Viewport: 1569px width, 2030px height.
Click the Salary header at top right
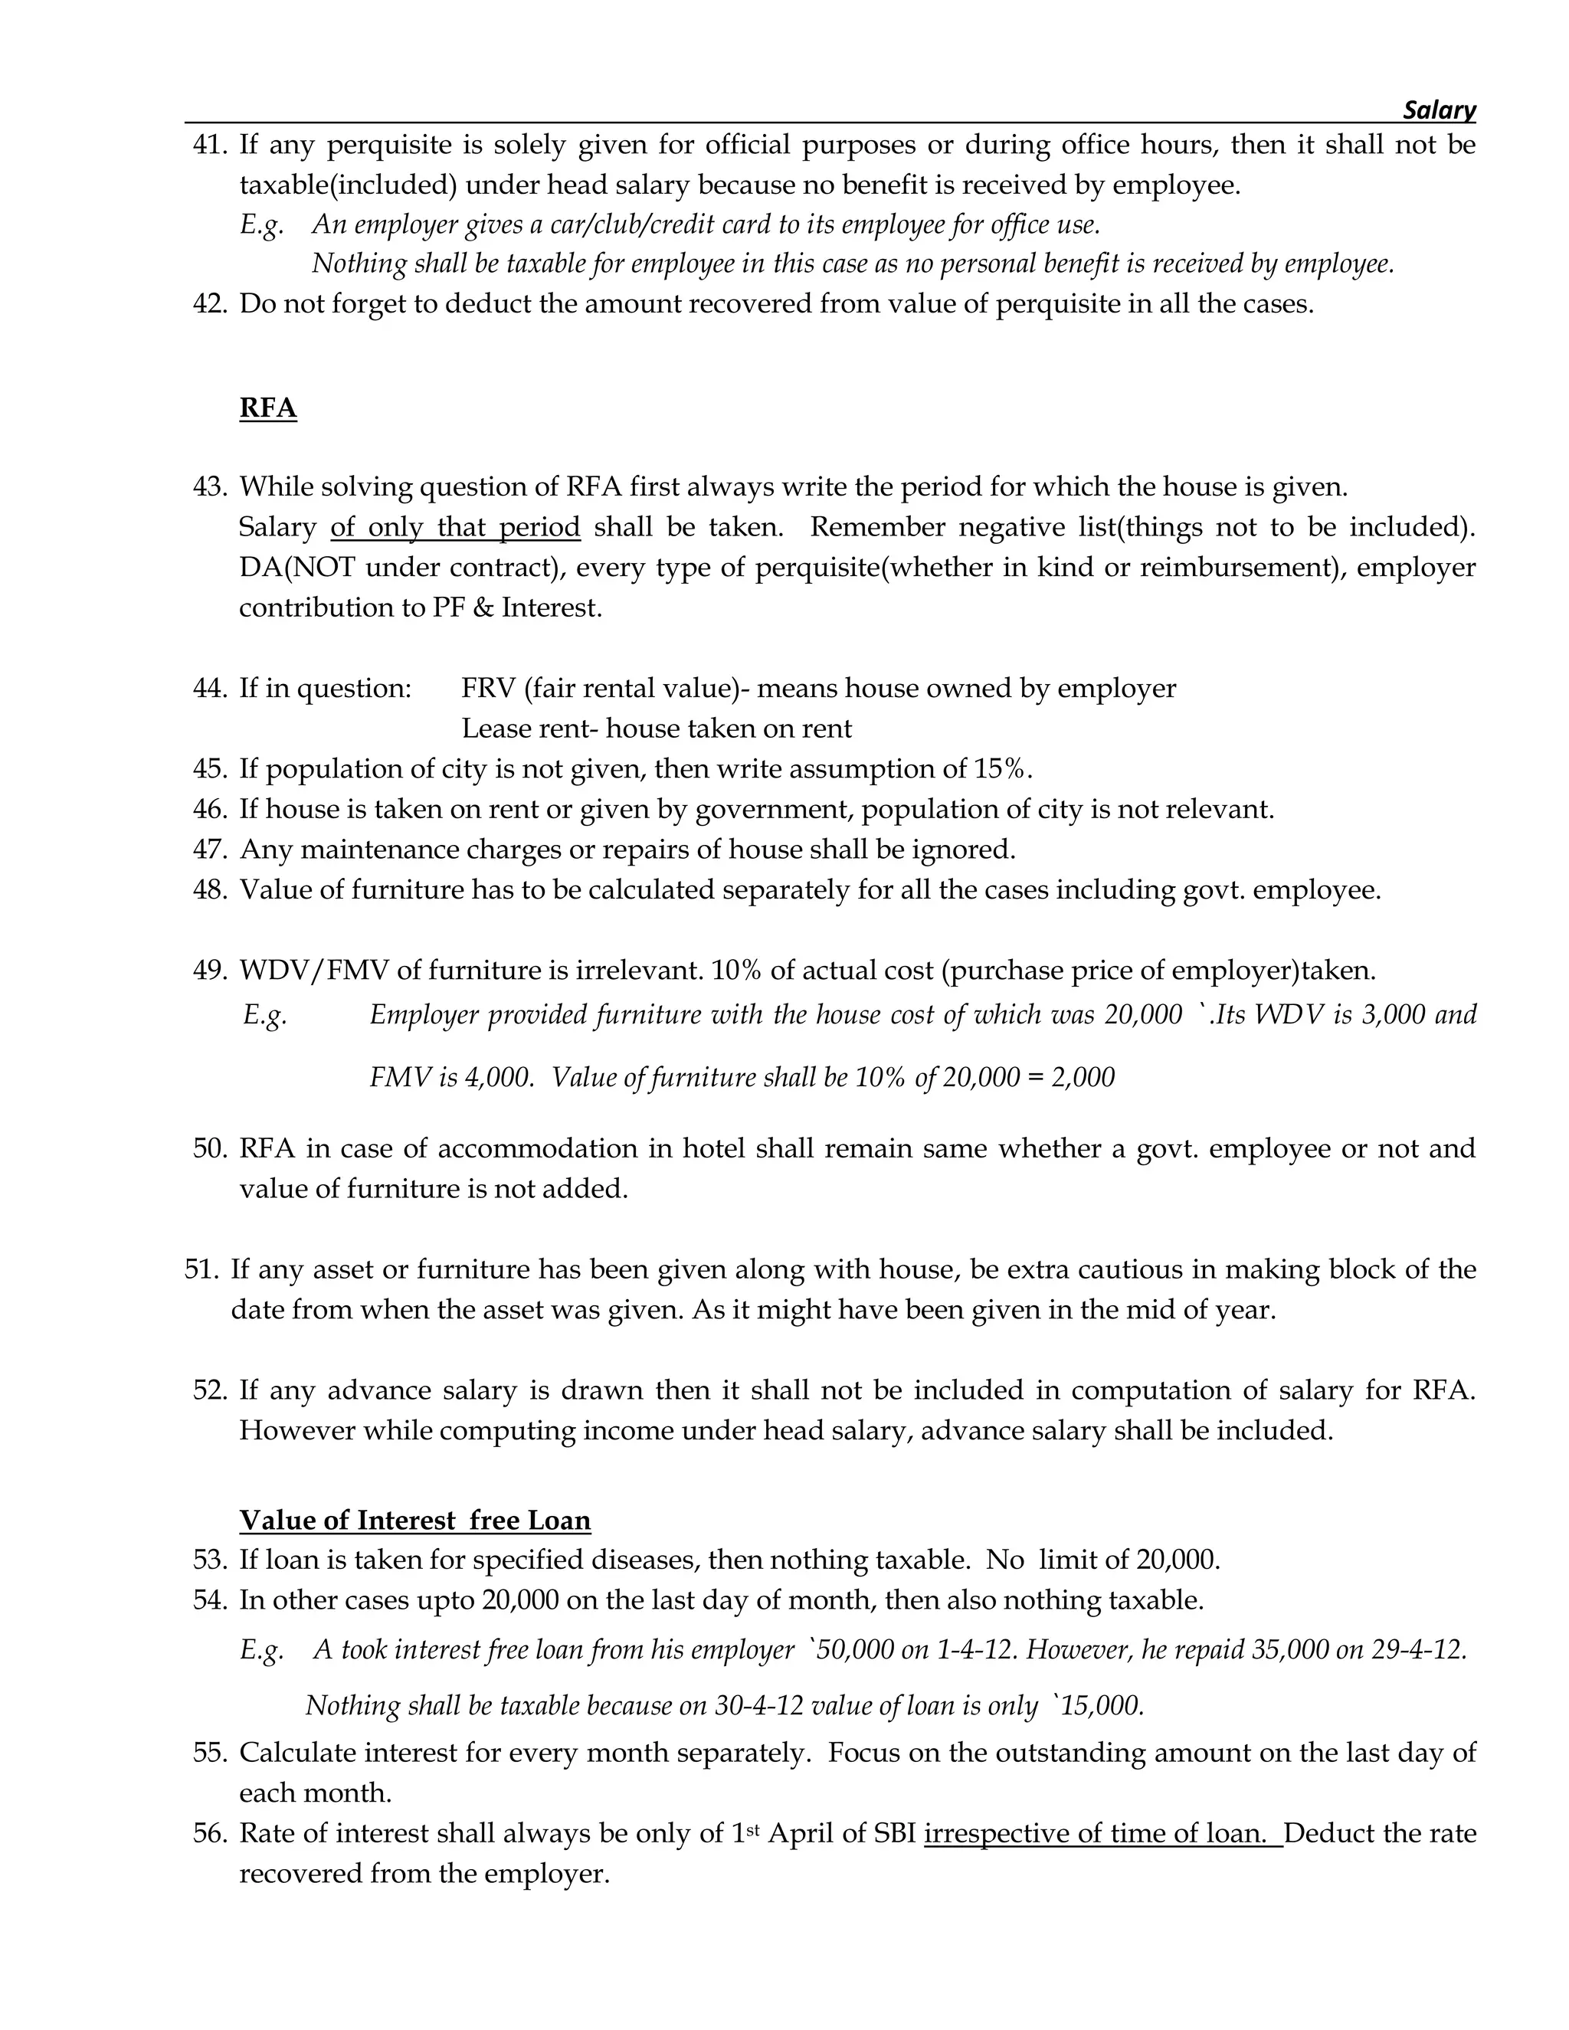coord(1438,110)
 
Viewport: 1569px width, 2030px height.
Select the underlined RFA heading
coord(267,408)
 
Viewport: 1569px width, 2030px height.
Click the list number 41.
coord(209,145)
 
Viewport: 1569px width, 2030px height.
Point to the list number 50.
coord(209,1149)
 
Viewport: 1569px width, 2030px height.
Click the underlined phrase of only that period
coord(456,527)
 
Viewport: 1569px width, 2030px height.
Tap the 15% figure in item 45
coord(1002,770)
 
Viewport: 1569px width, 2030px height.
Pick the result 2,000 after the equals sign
coord(1083,1077)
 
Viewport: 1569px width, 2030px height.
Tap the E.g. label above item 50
coord(265,1015)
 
